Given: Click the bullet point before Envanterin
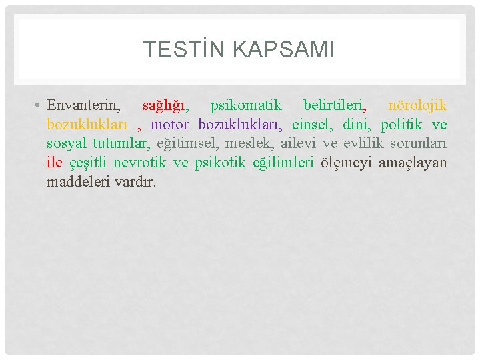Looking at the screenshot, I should coord(39,105).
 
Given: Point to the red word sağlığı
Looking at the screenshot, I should coord(165,105).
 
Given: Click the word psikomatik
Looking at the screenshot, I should coord(246,105).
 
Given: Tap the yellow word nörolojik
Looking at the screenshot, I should coord(417,105).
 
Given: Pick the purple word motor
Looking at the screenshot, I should coord(170,125).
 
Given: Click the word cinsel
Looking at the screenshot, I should coord(313,125).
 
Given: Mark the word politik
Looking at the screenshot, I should coord(402,125).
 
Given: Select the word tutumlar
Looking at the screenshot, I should coord(122,144).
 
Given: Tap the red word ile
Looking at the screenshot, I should coord(54,163).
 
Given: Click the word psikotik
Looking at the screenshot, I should coord(221,163).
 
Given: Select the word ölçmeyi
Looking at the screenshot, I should coord(346,163).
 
